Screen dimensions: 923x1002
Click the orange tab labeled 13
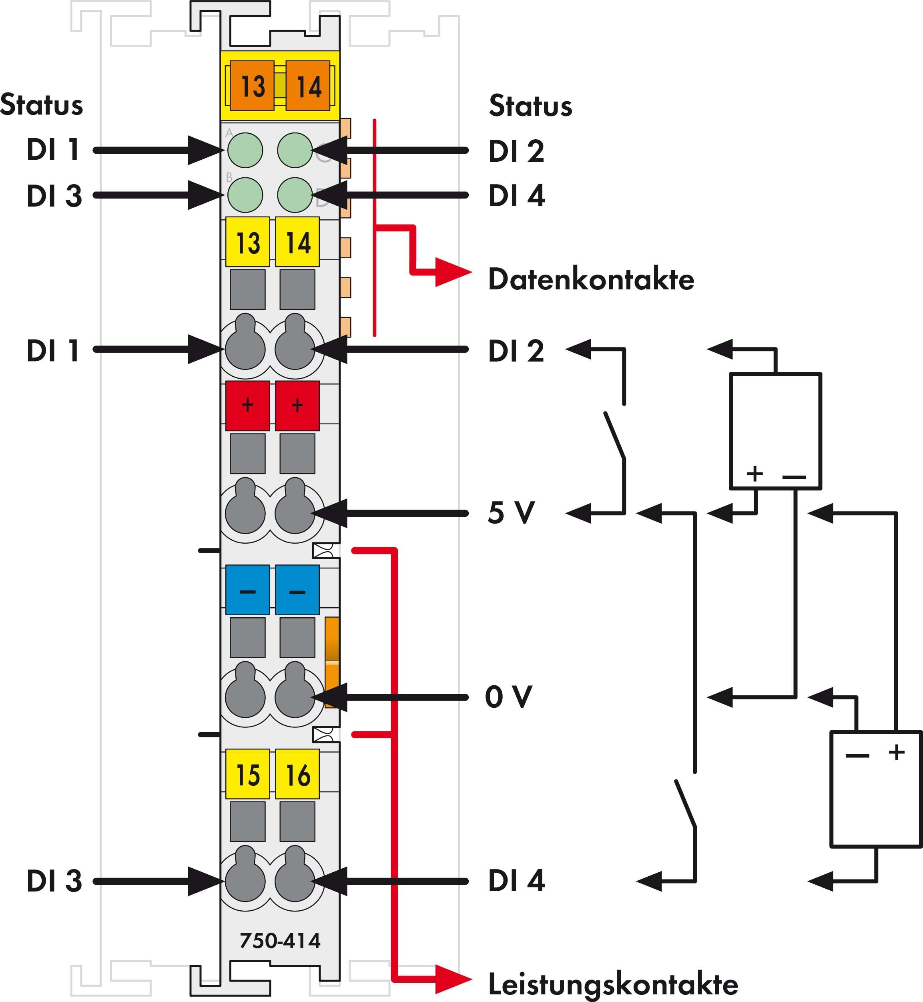[x=252, y=85]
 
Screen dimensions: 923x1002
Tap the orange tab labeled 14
[x=308, y=85]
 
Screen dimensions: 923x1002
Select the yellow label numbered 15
[x=248, y=774]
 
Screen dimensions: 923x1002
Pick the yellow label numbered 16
[x=297, y=774]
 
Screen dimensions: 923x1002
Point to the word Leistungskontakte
[x=613, y=984]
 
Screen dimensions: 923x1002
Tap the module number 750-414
[x=280, y=941]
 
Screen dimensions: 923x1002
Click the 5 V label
[x=511, y=512]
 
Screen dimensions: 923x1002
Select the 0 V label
[x=508, y=697]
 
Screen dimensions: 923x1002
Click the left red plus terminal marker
[x=248, y=406]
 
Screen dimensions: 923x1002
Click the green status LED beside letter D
[x=295, y=195]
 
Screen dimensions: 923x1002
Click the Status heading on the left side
[x=42, y=105]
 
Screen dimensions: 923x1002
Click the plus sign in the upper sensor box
[x=754, y=473]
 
